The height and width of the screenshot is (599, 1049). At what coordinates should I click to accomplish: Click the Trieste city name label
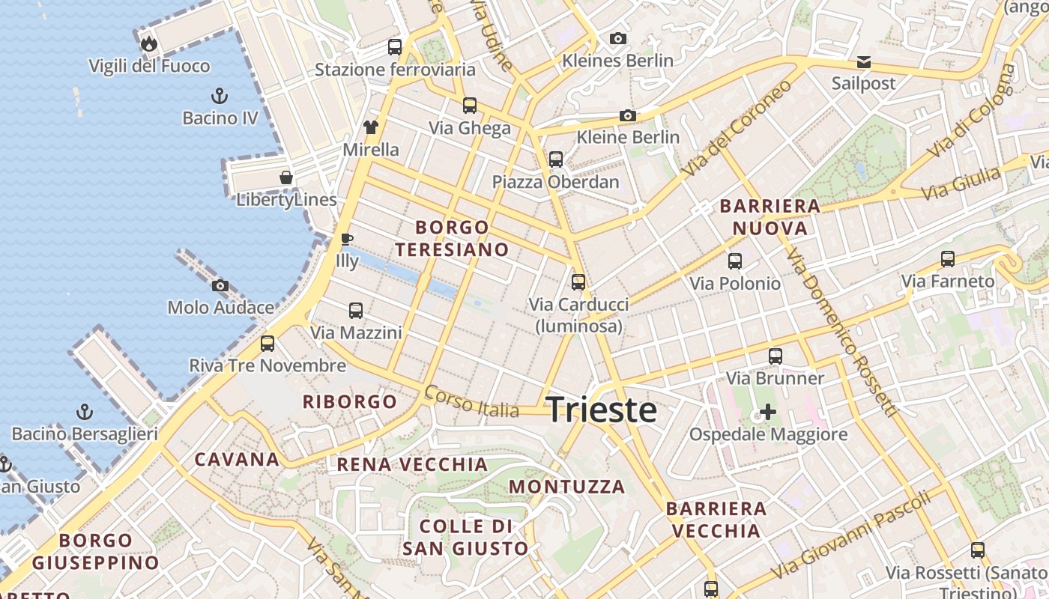(x=602, y=410)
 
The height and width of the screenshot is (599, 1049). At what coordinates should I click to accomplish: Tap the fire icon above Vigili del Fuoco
(x=149, y=43)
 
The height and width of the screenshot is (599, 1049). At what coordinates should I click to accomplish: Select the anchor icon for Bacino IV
(x=220, y=96)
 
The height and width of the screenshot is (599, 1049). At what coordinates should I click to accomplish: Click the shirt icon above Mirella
(x=371, y=127)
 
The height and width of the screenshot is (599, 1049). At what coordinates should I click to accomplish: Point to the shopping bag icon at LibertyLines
(x=286, y=177)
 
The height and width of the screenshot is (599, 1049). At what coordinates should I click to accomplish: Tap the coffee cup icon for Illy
(x=346, y=240)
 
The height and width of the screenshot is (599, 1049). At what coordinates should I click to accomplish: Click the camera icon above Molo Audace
(x=220, y=285)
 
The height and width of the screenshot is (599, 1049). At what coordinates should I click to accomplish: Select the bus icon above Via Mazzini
(x=356, y=310)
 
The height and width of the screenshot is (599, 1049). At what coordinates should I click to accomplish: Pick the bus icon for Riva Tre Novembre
(x=267, y=344)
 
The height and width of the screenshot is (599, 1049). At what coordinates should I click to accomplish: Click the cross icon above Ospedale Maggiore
(x=768, y=412)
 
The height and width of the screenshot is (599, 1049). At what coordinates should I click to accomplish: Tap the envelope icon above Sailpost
(x=864, y=61)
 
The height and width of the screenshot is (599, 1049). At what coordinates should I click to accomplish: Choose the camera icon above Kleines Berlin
(x=617, y=38)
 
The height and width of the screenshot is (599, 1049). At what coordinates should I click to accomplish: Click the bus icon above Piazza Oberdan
(x=555, y=159)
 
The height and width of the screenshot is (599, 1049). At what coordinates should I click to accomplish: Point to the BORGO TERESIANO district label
(x=452, y=238)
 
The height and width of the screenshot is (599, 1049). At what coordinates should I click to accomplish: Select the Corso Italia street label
(x=471, y=401)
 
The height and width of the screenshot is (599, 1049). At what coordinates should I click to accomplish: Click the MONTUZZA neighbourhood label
(x=566, y=487)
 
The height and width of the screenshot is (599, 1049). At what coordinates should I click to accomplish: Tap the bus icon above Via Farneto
(x=948, y=259)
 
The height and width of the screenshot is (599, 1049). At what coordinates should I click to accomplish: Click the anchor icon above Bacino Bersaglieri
(x=85, y=412)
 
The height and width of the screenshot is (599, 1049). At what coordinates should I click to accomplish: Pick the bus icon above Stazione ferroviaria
(x=395, y=47)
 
